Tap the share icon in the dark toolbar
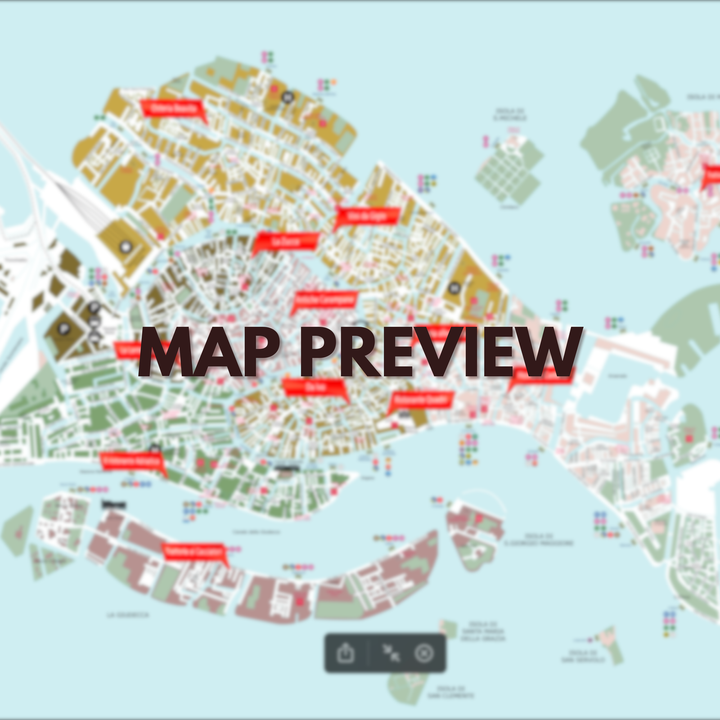coord(346,653)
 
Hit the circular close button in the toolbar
coord(424,653)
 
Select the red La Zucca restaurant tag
coord(286,241)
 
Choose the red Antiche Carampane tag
coord(325,300)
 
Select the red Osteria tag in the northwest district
coord(173,108)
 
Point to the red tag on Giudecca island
coord(193,552)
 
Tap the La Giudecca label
coord(128,615)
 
